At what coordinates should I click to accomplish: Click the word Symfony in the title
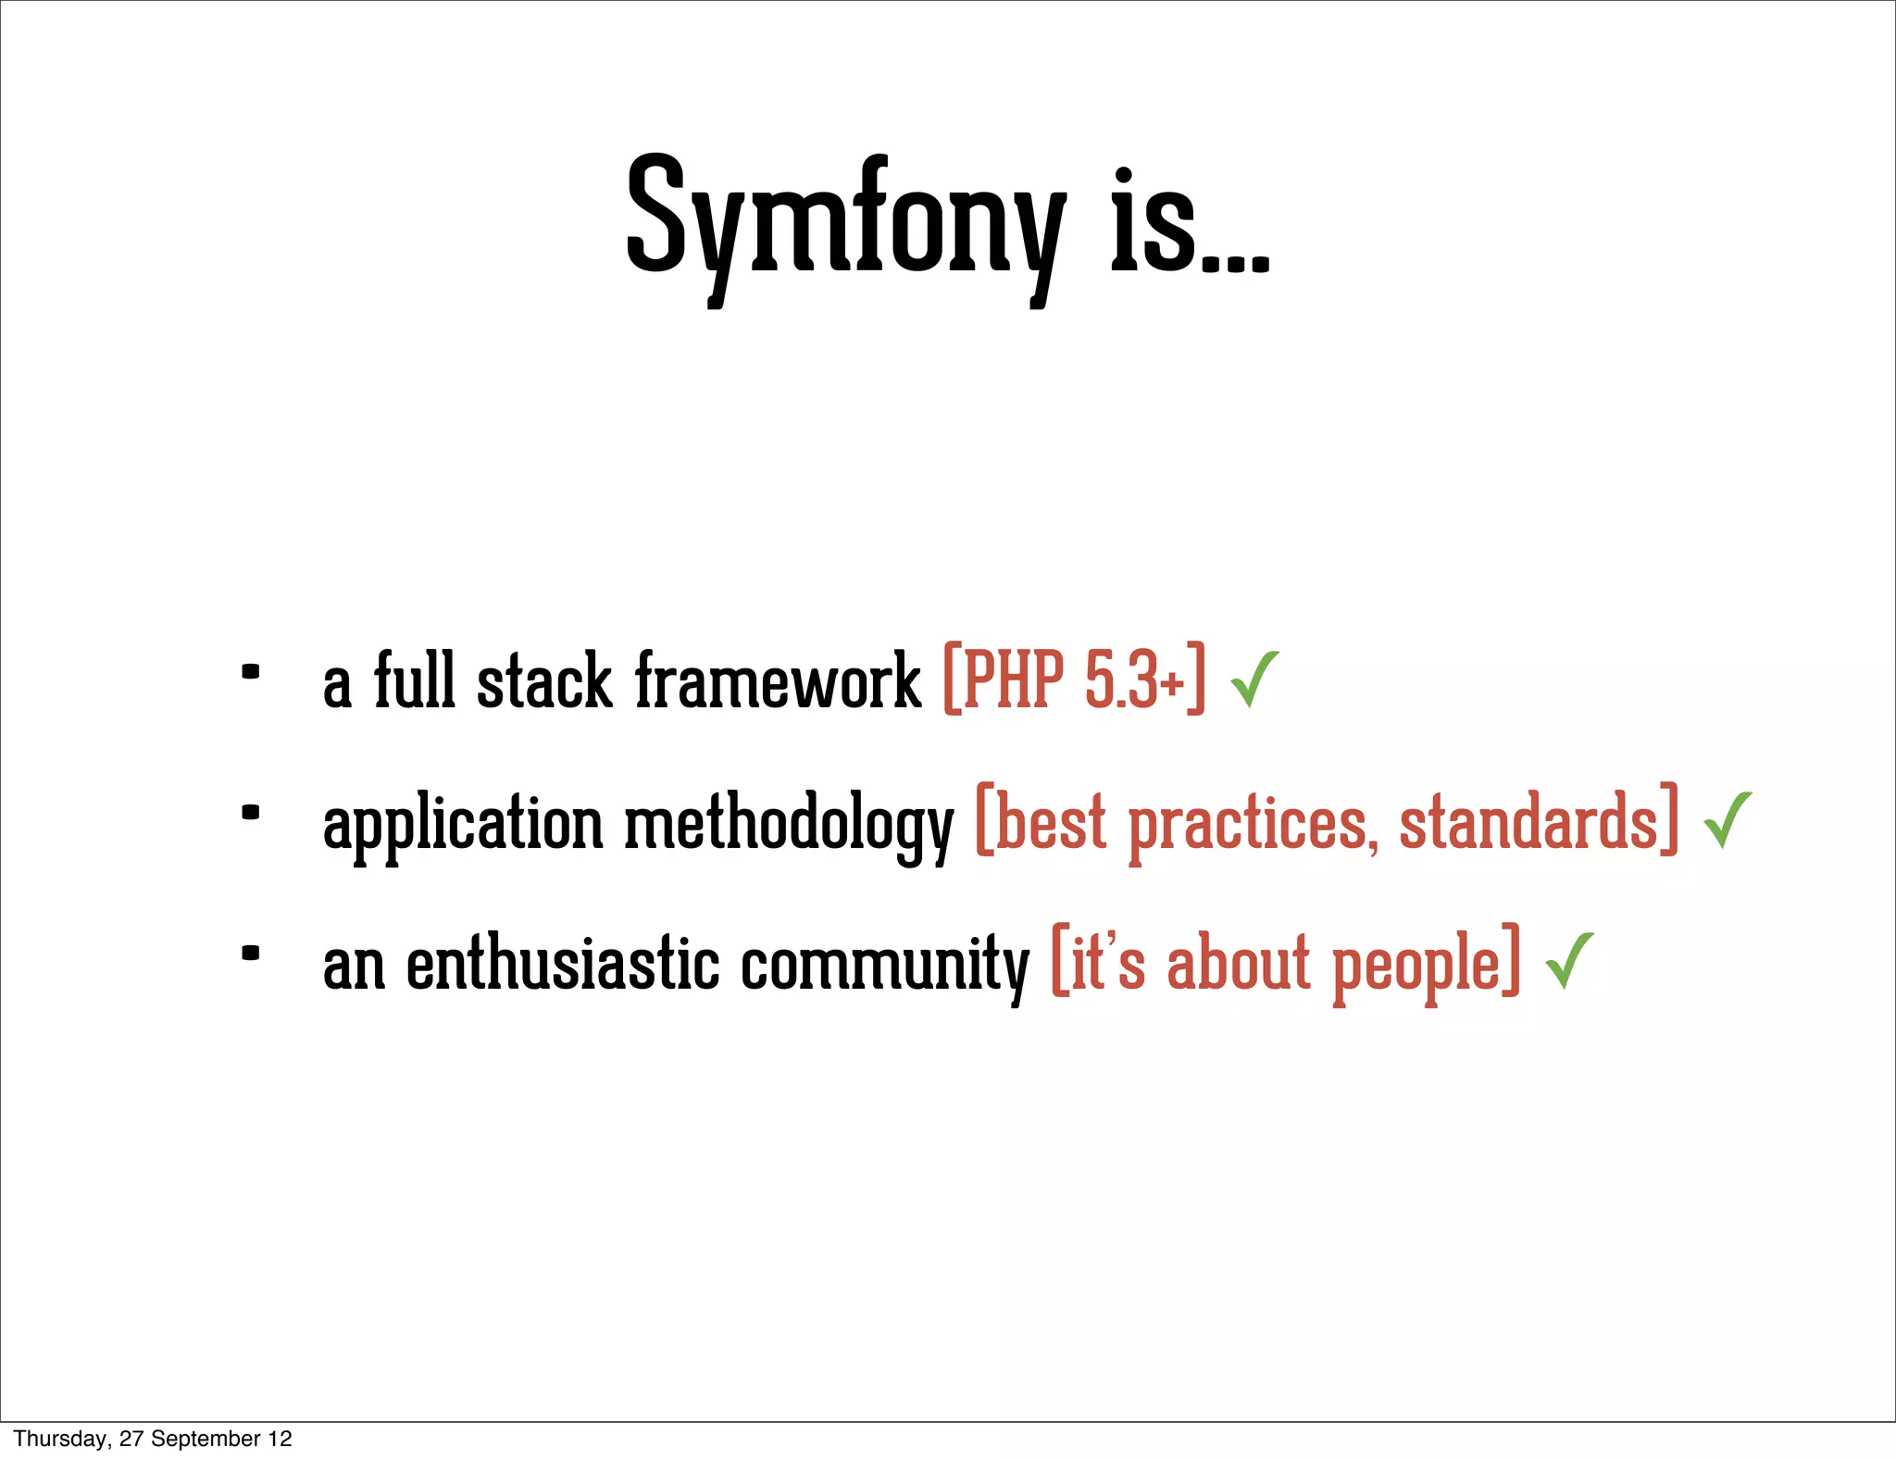[844, 222]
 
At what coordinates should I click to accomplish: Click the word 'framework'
[778, 681]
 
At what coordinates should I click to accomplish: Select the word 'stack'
[544, 681]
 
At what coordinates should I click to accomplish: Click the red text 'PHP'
[1013, 681]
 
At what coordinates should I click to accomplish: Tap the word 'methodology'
[789, 824]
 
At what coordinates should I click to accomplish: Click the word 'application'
[463, 824]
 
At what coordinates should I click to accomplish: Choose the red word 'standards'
[1528, 822]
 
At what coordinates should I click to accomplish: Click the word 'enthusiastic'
[563, 965]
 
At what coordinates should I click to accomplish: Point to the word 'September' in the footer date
[206, 1439]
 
